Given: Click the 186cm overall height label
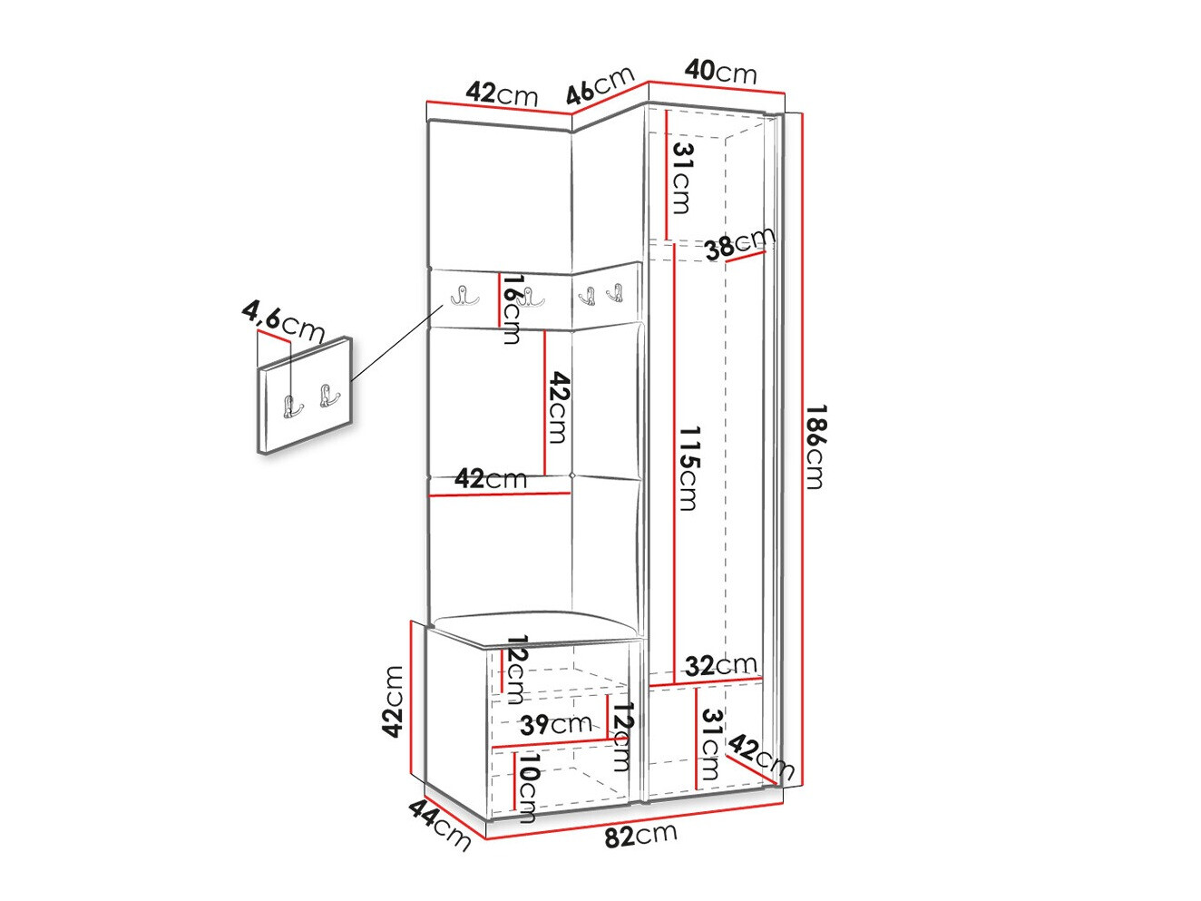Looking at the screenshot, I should point(814,447).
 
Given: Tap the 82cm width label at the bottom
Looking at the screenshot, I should point(641,835).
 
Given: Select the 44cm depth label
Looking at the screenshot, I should point(440,824).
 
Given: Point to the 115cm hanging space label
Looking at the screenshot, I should point(688,468).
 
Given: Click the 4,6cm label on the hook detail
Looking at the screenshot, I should point(282,322).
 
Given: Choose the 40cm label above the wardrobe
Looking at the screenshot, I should point(721,71).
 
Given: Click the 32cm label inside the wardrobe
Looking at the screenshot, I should point(721,666).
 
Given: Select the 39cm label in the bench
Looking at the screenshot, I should point(556,724).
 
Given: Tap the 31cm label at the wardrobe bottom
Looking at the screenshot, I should point(711,745).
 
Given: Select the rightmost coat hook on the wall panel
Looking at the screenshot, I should point(616,292).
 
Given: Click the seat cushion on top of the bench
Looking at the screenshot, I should point(534,627).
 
